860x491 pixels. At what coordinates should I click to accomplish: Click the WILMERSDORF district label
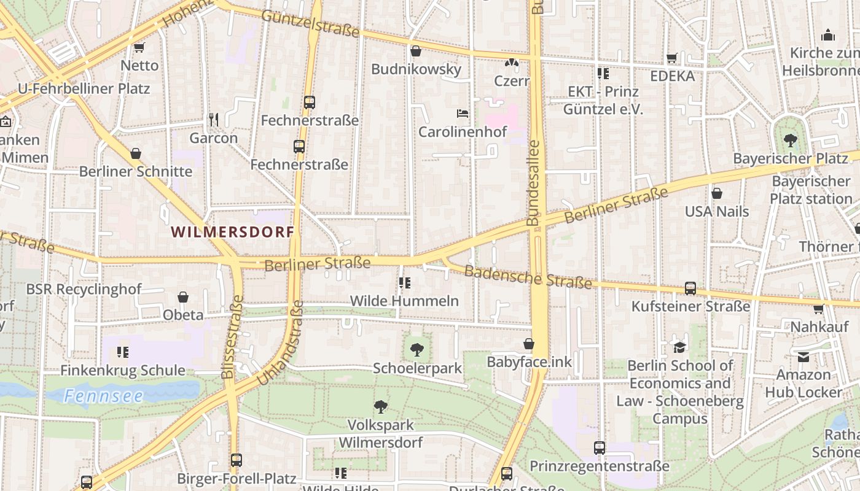pos(233,232)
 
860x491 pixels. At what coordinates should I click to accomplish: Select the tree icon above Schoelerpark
pos(417,350)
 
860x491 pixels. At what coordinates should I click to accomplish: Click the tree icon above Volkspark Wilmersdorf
pos(381,406)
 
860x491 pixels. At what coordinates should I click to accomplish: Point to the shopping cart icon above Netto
pos(139,47)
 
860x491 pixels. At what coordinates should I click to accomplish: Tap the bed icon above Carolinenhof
pos(463,114)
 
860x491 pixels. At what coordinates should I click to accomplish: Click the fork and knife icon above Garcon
pos(214,119)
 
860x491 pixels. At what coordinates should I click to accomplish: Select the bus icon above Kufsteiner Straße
pos(690,288)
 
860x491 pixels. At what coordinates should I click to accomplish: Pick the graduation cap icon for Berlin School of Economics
pos(679,347)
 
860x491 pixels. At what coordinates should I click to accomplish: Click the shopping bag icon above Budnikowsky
pos(416,51)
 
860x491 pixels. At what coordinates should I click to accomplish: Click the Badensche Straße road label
pos(528,277)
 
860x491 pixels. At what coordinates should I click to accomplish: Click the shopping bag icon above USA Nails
pos(716,194)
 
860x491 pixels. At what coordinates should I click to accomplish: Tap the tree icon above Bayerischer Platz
pos(790,141)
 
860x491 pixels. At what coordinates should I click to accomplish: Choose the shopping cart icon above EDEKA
pos(672,58)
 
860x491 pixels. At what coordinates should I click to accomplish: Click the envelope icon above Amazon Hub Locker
pos(803,357)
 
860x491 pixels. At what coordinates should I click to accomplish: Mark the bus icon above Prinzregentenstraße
pos(600,448)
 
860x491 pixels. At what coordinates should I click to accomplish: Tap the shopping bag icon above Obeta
pos(183,297)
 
